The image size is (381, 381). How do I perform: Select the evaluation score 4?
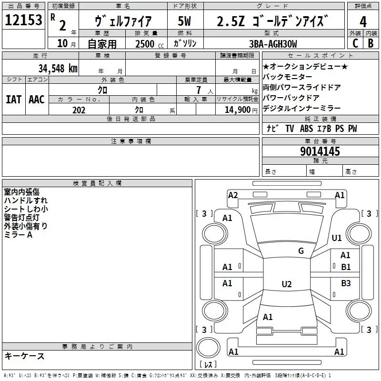[x=363, y=21]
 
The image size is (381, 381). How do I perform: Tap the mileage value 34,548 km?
[x=58, y=68]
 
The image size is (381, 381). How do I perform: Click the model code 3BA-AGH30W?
[x=273, y=44]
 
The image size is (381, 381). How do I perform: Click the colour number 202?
[x=79, y=110]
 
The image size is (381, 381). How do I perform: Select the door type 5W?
[x=185, y=21]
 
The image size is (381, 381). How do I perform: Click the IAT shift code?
[x=13, y=100]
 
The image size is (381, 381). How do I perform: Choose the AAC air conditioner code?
[x=37, y=100]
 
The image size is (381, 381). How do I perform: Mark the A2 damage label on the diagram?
[x=233, y=195]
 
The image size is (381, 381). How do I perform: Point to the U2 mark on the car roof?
[x=286, y=284]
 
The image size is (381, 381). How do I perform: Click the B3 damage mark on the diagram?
[x=346, y=283]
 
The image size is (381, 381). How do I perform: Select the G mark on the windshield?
[x=301, y=251]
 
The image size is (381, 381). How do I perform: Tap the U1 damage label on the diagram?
[x=337, y=238]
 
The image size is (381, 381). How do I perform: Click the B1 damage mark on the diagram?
[x=346, y=267]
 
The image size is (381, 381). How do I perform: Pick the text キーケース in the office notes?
[x=25, y=356]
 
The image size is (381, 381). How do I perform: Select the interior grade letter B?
[x=371, y=43]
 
